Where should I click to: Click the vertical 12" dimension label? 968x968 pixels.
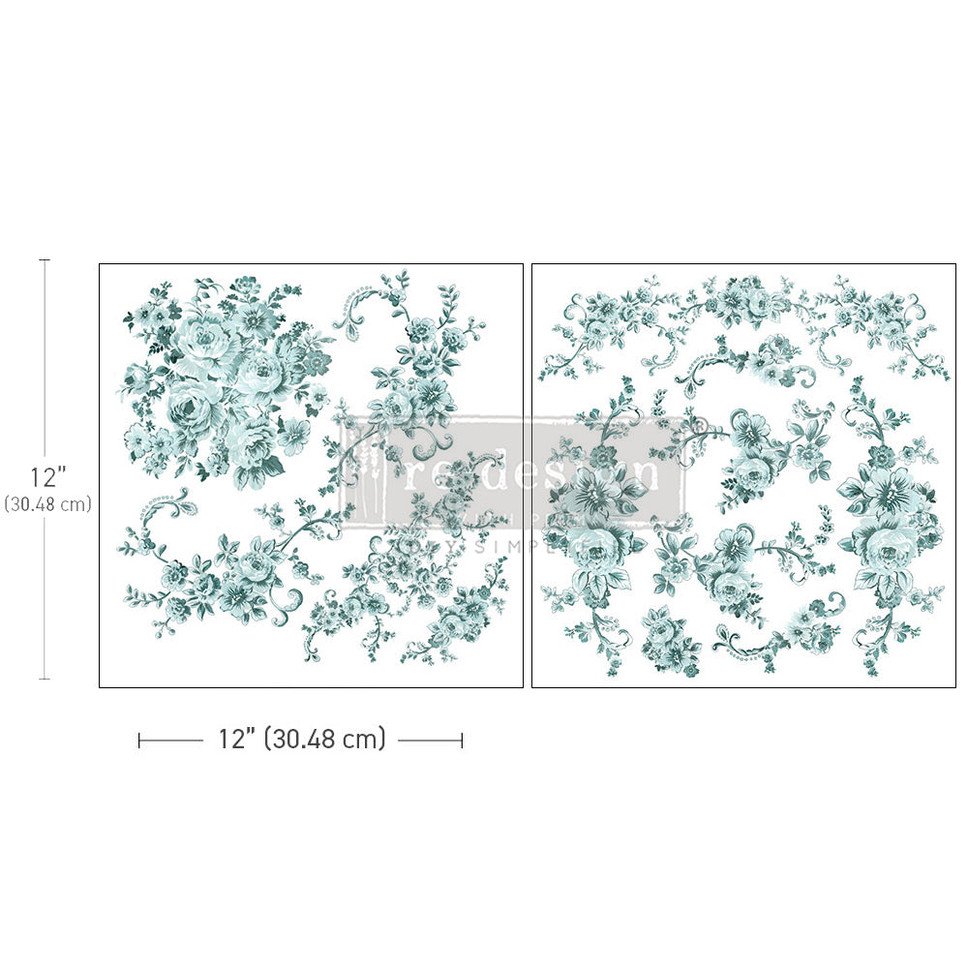46,477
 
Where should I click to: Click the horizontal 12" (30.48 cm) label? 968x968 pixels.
301,740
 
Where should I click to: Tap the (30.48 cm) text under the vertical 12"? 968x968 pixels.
46,503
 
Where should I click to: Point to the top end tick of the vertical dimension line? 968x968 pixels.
44,260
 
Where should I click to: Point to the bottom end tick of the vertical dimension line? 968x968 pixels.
44,679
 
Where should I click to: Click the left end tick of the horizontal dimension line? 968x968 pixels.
139,741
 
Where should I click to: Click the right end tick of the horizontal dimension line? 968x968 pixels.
462,741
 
